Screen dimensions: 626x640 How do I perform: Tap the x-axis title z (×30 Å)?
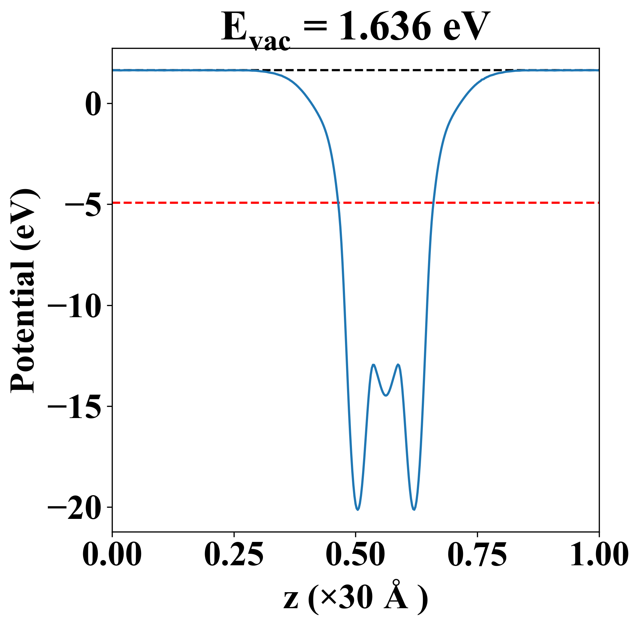tap(355, 599)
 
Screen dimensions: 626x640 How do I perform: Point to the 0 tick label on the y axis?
tap(93, 104)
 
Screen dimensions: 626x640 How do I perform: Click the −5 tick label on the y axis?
tap(83, 204)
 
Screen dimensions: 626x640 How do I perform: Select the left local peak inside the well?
tap(374, 365)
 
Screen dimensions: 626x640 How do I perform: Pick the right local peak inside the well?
tap(398, 365)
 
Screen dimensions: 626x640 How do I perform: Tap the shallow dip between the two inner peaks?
tap(386, 395)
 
